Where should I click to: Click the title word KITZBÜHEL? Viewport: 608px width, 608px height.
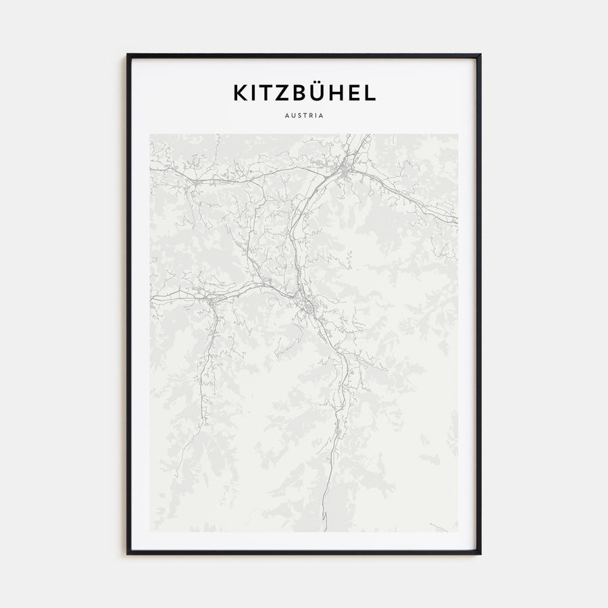(x=304, y=93)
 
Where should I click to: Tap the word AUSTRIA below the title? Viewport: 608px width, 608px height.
(x=304, y=116)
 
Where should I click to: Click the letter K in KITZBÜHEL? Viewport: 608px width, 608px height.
(x=240, y=93)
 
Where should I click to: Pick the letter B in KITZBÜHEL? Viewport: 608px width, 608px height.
(x=300, y=93)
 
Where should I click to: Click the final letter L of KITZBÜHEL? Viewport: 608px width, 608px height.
(x=370, y=93)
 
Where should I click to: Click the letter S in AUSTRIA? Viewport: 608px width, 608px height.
(x=297, y=116)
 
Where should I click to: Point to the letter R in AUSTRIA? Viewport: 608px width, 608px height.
(x=310, y=116)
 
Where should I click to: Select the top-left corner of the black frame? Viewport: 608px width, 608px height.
(x=128, y=55)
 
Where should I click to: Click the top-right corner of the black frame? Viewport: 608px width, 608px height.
(x=480, y=55)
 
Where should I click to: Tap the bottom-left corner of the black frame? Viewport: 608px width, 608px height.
(x=128, y=553)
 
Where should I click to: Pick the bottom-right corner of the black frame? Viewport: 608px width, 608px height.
(x=480, y=553)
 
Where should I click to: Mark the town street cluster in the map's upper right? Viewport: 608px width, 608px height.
(x=346, y=168)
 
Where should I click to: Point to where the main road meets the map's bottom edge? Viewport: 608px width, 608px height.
(x=324, y=530)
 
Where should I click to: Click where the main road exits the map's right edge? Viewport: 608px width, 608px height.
(x=457, y=220)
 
